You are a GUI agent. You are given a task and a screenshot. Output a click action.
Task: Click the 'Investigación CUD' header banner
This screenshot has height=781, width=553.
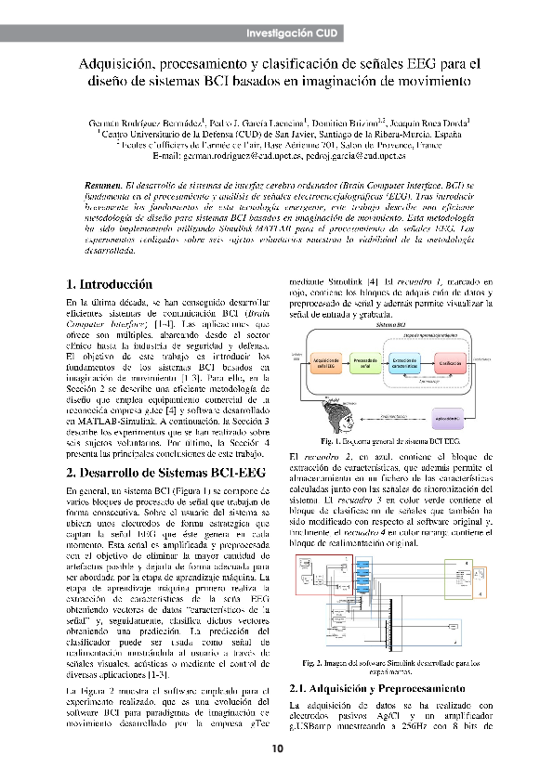coord(291,33)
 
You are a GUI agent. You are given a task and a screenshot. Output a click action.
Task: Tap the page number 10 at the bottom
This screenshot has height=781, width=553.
coord(276,749)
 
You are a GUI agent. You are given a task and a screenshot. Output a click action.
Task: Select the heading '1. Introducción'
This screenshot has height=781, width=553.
coord(110,284)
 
